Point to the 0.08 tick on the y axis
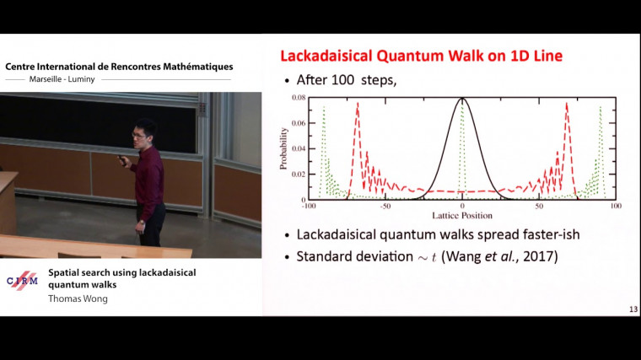click(x=298, y=99)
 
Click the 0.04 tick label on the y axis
click(x=298, y=149)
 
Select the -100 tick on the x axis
click(x=308, y=206)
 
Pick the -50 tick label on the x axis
click(x=385, y=206)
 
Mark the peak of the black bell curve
click(x=462, y=100)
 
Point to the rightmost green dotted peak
click(x=600, y=108)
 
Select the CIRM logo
click(x=22, y=282)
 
